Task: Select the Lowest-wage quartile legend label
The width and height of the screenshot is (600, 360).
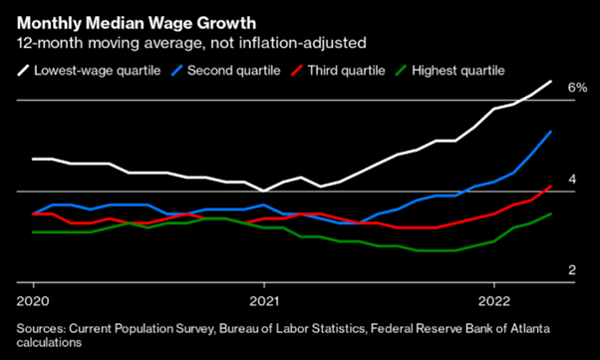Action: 95,70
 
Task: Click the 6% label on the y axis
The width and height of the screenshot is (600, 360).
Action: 577,88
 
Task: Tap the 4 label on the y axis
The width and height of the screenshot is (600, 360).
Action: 572,179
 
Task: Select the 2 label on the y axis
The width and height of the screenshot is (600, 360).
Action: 572,270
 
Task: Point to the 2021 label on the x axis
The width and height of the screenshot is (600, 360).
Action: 264,300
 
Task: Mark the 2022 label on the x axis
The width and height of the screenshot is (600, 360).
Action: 495,300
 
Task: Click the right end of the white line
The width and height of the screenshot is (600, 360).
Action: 551,81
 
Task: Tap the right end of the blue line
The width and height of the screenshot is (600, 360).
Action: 551,132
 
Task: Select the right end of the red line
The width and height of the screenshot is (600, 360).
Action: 551,186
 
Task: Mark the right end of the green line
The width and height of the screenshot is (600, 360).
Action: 551,213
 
